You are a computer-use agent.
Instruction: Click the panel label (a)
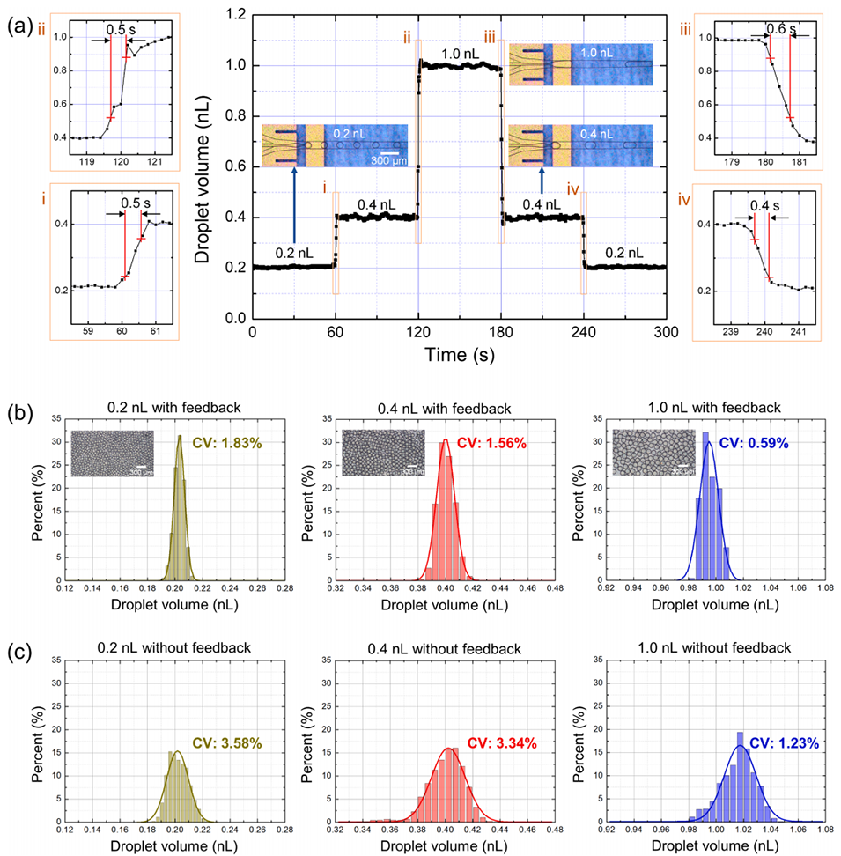coord(20,26)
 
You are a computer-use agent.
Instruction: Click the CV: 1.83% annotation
coord(217,443)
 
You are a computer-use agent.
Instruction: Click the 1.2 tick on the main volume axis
coord(233,16)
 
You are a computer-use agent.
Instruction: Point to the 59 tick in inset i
coord(87,333)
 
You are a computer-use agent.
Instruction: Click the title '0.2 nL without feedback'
coord(174,648)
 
